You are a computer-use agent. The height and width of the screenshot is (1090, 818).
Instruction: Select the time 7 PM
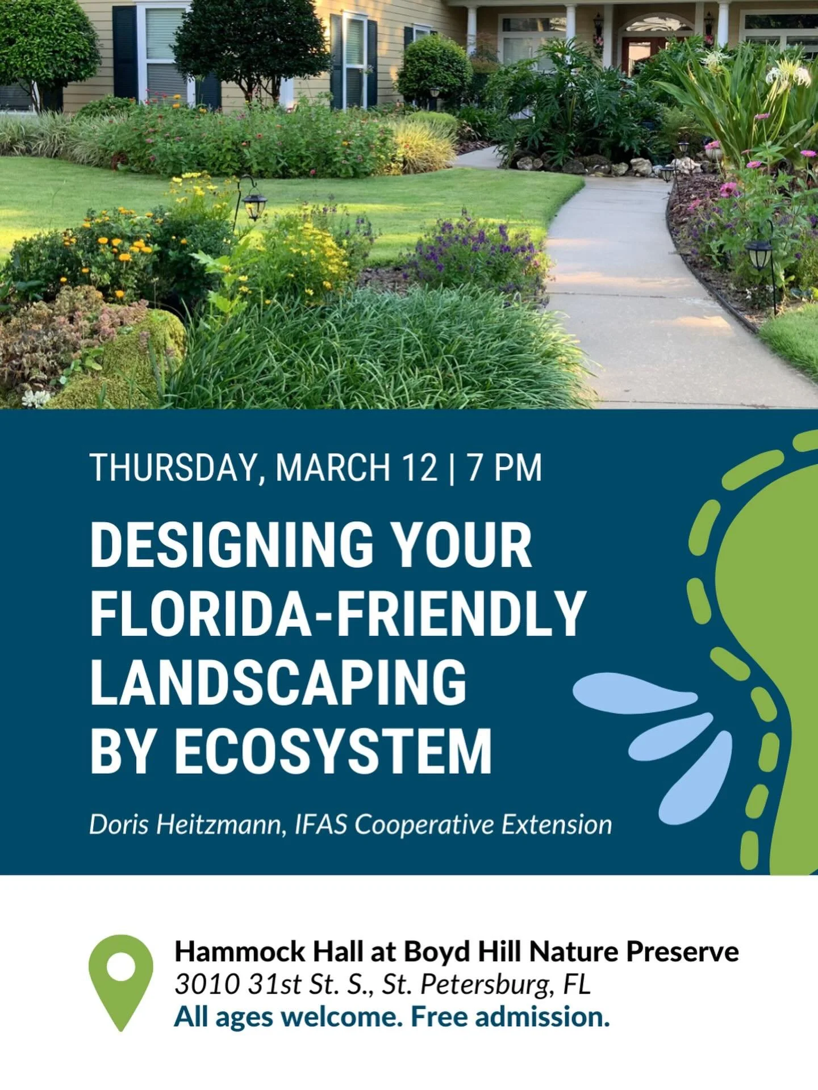coord(504,468)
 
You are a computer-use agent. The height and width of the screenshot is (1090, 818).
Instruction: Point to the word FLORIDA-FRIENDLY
coord(337,614)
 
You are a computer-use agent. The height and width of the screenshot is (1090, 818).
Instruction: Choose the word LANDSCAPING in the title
coord(278,683)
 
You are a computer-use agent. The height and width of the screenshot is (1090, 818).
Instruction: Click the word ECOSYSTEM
coord(333,752)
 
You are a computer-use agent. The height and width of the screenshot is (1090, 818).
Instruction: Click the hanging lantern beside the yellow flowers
coord(255,206)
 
